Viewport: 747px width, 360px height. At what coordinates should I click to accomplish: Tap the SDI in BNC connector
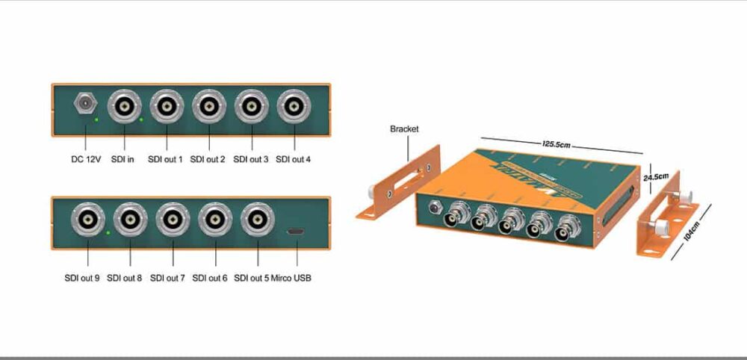point(124,108)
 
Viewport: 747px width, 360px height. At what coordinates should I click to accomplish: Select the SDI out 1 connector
point(167,108)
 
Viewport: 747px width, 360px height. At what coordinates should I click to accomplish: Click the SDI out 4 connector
point(294,108)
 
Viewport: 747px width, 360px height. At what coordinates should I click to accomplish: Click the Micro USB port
point(297,234)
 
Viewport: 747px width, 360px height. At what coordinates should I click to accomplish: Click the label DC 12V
point(87,159)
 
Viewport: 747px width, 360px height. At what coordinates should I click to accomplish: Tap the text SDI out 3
point(250,159)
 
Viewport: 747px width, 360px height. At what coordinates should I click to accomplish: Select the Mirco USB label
point(292,278)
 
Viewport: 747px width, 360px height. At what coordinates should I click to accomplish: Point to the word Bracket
point(404,129)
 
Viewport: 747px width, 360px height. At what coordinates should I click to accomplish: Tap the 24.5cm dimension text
point(655,177)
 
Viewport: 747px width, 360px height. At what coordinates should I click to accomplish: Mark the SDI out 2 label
point(208,159)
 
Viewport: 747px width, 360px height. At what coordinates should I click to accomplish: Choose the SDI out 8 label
point(124,278)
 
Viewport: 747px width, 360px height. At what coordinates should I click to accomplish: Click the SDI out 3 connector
point(252,108)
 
